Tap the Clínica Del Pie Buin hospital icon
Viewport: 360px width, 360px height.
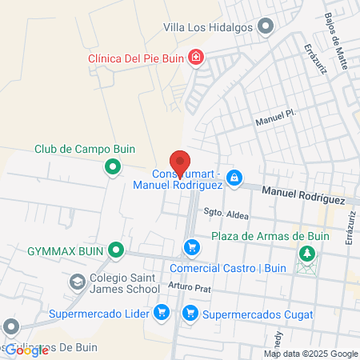point(195,57)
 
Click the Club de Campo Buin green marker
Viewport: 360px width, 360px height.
point(113,167)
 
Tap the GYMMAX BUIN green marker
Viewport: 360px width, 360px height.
point(117,251)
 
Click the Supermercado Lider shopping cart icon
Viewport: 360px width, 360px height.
point(161,312)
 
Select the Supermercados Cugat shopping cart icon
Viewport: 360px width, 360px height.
point(190,312)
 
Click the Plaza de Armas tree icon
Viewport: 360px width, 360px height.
point(305,254)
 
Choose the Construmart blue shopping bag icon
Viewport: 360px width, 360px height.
point(234,178)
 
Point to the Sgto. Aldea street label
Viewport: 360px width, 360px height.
point(226,214)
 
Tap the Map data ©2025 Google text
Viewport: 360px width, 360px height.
point(311,354)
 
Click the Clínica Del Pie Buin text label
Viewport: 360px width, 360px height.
point(136,58)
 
